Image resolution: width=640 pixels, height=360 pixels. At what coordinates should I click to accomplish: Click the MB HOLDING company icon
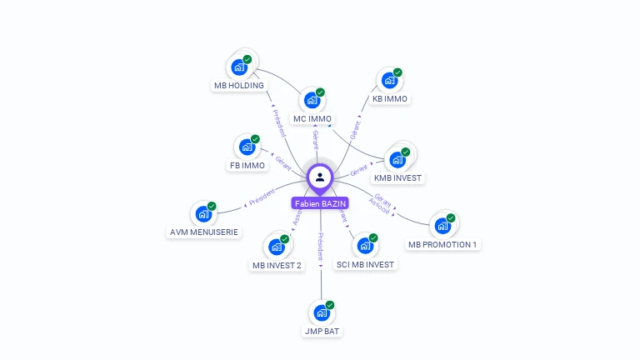pyautogui.click(x=239, y=67)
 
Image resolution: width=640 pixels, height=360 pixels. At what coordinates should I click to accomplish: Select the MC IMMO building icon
pyautogui.click(x=312, y=100)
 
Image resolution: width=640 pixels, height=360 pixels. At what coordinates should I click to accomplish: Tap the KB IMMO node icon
pyautogui.click(x=389, y=81)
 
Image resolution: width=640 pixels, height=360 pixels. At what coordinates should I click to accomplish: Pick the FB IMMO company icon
pyautogui.click(x=247, y=147)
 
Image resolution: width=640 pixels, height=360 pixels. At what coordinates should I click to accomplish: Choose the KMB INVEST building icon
pyautogui.click(x=397, y=159)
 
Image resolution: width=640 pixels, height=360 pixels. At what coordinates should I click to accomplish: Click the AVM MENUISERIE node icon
pyautogui.click(x=203, y=213)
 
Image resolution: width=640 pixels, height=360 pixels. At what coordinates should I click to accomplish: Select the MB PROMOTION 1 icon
pyautogui.click(x=442, y=226)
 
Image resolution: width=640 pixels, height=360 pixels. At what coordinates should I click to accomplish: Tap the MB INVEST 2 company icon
pyautogui.click(x=277, y=247)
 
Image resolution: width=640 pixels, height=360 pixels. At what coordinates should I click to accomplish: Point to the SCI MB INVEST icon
pyautogui.click(x=364, y=246)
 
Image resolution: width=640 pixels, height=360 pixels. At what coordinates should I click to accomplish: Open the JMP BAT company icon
pyautogui.click(x=322, y=313)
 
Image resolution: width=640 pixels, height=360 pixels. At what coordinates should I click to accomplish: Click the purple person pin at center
pyautogui.click(x=320, y=177)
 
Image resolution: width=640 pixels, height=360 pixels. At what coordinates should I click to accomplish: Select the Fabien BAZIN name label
pyautogui.click(x=320, y=203)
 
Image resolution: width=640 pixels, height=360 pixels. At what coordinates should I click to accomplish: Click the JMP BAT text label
pyautogui.click(x=322, y=332)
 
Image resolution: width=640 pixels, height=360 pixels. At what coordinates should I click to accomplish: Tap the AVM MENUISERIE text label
pyautogui.click(x=204, y=232)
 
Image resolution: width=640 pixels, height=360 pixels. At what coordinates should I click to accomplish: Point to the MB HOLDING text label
pyautogui.click(x=239, y=85)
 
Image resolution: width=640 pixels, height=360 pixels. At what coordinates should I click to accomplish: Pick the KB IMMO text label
pyautogui.click(x=389, y=99)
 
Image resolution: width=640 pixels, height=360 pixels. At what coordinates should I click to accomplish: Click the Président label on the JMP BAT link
pyautogui.click(x=321, y=249)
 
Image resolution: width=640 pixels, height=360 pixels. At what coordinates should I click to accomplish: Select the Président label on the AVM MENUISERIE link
pyautogui.click(x=262, y=197)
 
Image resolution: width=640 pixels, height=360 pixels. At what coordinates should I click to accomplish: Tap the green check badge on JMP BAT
pyautogui.click(x=330, y=305)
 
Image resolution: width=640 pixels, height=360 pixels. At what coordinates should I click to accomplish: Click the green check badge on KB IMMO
pyautogui.click(x=397, y=72)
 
